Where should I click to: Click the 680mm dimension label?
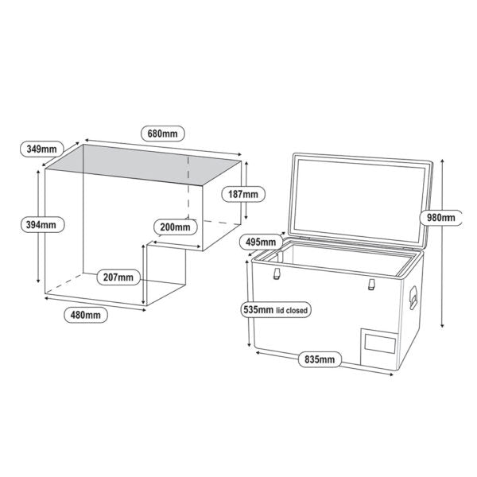163,134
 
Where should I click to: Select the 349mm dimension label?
41,149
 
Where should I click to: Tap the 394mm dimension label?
43,225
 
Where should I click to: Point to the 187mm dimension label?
243,194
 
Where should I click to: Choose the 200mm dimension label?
175,227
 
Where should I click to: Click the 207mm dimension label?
118,277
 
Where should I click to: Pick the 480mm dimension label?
86,315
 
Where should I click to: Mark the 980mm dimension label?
440,218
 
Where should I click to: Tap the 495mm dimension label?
261,242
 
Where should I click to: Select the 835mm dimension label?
320,359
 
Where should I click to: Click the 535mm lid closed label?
276,310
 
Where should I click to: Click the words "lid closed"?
292,311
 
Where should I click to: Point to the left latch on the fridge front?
277,273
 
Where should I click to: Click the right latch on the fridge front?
371,284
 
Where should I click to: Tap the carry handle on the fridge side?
413,297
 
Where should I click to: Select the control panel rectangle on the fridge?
380,343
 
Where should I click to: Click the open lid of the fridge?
360,201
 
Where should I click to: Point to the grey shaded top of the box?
143,165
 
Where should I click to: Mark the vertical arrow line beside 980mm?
442,243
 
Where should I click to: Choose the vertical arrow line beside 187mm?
246,191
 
